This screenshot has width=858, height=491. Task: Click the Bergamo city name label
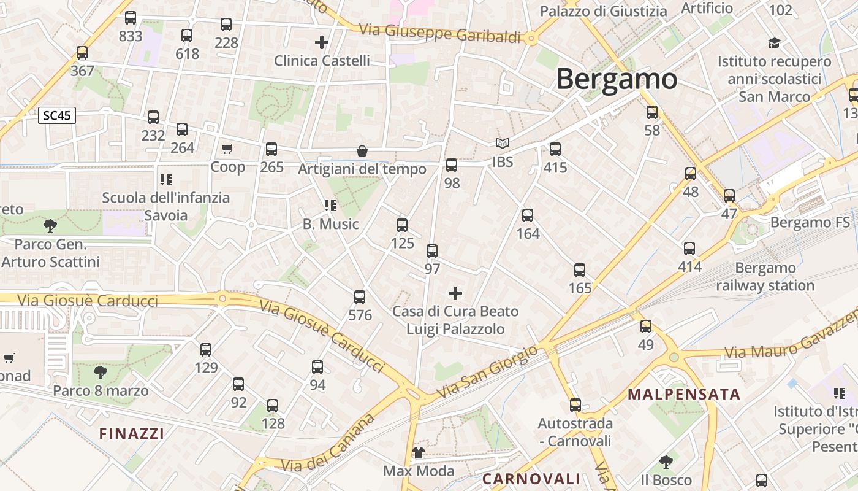tap(617, 79)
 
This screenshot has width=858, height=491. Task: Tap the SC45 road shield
tap(57, 115)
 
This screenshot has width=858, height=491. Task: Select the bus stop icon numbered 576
tap(360, 297)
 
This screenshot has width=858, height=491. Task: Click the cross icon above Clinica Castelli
tap(322, 42)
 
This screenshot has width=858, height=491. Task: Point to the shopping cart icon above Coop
tap(227, 149)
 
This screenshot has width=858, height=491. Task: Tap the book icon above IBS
tap(503, 144)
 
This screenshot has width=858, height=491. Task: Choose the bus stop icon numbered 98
tap(452, 164)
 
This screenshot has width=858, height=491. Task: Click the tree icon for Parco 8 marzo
tap(100, 372)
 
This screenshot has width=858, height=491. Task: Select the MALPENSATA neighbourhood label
tap(684, 394)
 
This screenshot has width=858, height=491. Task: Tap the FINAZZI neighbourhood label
tap(132, 434)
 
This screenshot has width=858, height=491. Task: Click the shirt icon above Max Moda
tap(419, 453)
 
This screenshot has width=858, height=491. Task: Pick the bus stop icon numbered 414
tap(689, 249)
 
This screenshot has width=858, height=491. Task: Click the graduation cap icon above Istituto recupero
tap(775, 43)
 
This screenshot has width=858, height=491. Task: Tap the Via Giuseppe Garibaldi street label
tap(439, 33)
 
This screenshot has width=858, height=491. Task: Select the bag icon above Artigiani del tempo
tap(362, 150)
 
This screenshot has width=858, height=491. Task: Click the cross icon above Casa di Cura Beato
tap(455, 293)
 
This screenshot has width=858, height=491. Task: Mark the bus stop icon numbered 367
tap(82, 53)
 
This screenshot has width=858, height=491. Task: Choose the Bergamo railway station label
tap(765, 277)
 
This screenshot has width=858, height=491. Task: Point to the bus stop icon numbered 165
tap(580, 269)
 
